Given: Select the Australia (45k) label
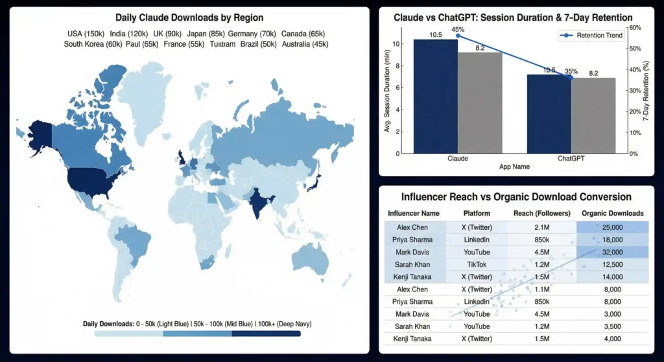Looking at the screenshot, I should [305, 44].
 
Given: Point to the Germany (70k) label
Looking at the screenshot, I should [252, 34].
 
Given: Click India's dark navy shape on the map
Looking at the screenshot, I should [257, 202].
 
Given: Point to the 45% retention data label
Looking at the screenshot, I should [458, 29].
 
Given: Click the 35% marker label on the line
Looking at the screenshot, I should [571, 71].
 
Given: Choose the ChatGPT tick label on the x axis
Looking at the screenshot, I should [571, 158].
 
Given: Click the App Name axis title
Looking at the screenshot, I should [514, 166].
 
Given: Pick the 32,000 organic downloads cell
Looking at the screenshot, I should [612, 252].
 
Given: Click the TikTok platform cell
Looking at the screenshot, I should [477, 264].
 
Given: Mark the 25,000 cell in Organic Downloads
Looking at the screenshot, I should [612, 227].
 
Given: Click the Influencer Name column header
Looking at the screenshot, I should [414, 213].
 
